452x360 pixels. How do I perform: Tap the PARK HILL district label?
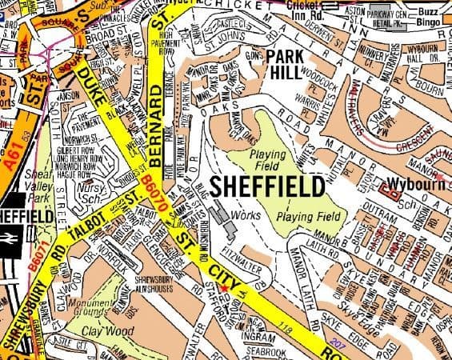pos(294,63)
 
